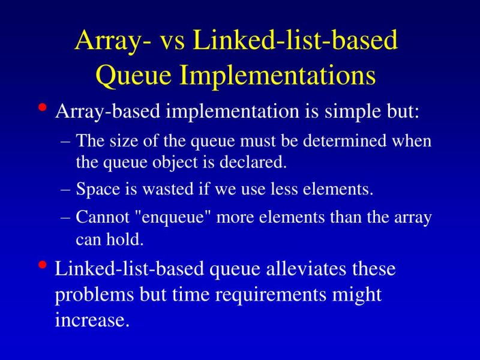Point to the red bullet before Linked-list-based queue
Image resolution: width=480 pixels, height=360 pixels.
pos(41,265)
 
